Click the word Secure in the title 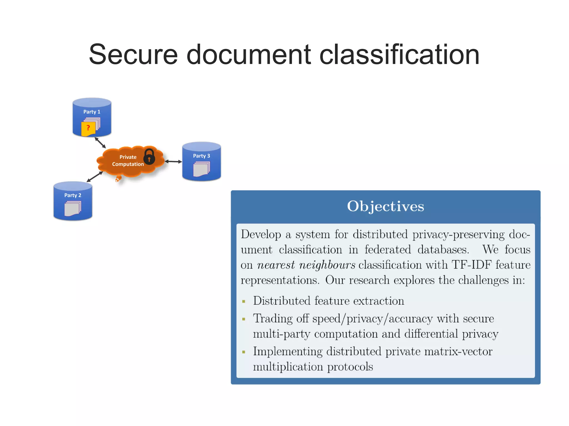133,55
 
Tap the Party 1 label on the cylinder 92,112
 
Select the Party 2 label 73,195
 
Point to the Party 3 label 201,156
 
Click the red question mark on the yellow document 88,128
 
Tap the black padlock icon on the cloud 149,157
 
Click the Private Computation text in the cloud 128,161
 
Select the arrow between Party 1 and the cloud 100,143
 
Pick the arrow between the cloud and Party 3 173,161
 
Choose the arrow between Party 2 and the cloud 95,177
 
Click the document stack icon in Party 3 201,169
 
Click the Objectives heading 385,206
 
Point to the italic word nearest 276,265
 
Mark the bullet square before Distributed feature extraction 244,301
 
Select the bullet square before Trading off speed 244,319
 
